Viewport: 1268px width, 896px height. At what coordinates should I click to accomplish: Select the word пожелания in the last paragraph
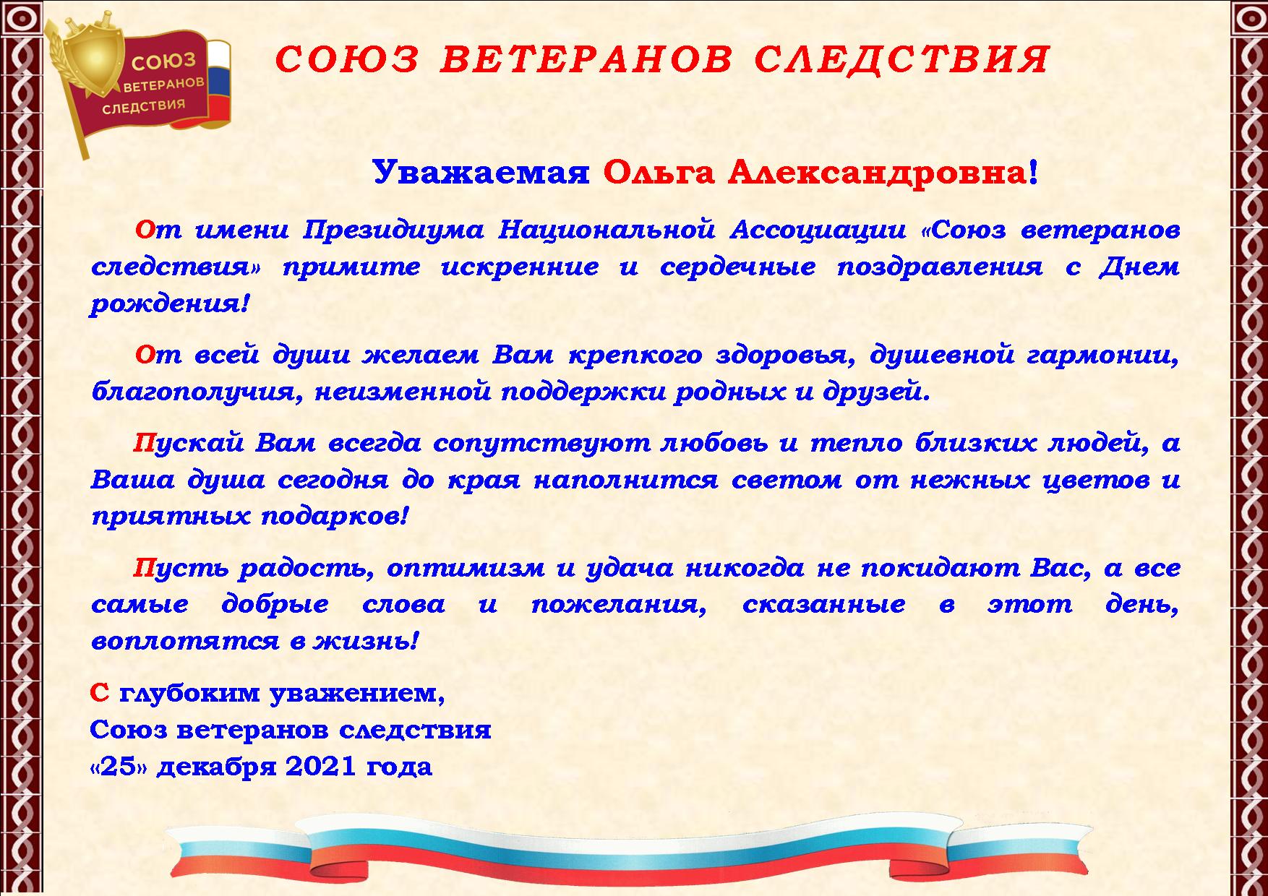pyautogui.click(x=618, y=605)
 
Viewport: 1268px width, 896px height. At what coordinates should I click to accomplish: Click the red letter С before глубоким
pyautogui.click(x=99, y=694)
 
